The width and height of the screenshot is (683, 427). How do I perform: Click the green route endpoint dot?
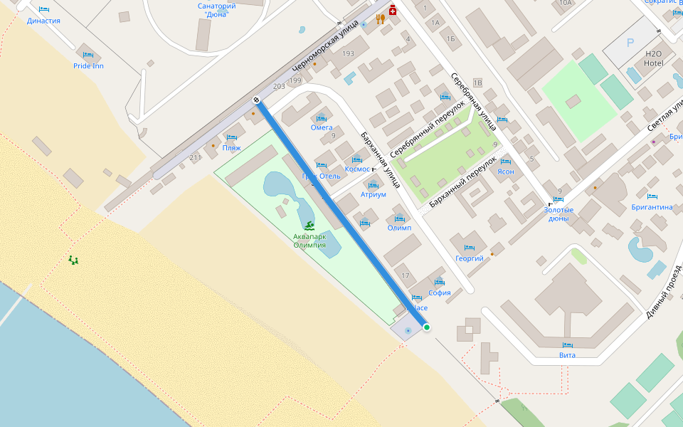[x=427, y=327]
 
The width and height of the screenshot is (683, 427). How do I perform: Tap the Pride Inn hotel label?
[x=88, y=66]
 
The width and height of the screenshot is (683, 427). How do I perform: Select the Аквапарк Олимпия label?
[x=309, y=241]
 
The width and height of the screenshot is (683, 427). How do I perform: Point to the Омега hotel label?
[x=322, y=127]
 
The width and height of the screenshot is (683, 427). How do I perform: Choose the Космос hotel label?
[x=357, y=169]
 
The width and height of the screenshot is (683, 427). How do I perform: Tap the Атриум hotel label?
[x=373, y=194]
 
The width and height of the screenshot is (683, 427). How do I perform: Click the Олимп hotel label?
[x=399, y=228]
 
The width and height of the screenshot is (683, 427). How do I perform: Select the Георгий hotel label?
[x=470, y=258]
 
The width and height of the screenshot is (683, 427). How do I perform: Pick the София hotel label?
[x=440, y=292]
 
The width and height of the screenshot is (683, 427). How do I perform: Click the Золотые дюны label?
[x=558, y=214]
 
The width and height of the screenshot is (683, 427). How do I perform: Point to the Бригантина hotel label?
[x=652, y=207]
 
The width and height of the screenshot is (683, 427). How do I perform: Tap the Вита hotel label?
[x=567, y=354]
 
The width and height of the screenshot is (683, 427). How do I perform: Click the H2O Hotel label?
[x=653, y=58]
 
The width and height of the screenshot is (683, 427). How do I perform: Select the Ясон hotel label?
[x=505, y=172]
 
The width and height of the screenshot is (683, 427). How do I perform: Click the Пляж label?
[x=231, y=148]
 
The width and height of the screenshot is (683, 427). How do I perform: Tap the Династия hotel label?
[x=43, y=21]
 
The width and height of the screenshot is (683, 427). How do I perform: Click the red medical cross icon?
[x=392, y=12]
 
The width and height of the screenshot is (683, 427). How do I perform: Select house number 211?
[x=196, y=157]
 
